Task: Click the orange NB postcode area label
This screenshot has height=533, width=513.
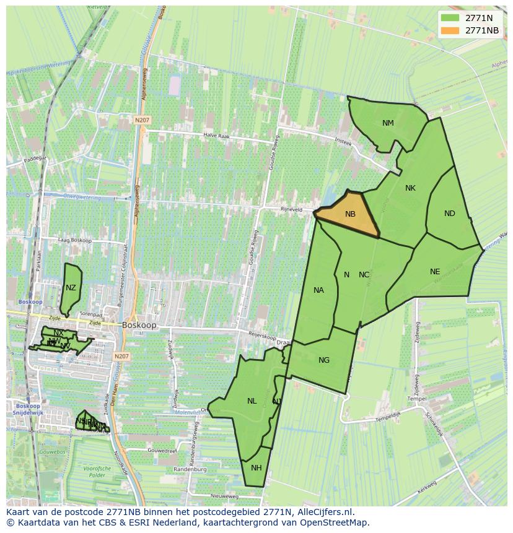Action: click(x=350, y=214)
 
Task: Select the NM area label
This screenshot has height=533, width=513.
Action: click(x=388, y=123)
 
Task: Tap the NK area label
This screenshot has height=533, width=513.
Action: click(x=410, y=188)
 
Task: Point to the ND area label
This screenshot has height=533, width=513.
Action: click(x=449, y=214)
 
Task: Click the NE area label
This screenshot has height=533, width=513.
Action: click(x=435, y=272)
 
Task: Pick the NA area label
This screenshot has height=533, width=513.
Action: click(x=318, y=290)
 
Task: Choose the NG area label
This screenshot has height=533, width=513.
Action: click(x=323, y=360)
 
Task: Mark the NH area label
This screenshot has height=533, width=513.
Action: click(x=256, y=467)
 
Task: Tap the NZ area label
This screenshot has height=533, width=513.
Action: click(x=71, y=288)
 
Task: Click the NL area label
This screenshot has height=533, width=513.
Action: click(x=252, y=401)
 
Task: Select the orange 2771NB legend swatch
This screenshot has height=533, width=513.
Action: click(x=450, y=30)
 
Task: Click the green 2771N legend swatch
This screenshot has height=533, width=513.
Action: click(x=450, y=18)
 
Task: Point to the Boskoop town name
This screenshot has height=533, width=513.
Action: click(x=139, y=324)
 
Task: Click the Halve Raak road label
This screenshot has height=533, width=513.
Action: click(x=217, y=136)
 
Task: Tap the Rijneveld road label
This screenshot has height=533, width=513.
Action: click(x=291, y=209)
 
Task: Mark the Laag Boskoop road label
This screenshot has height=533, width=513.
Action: click(x=74, y=240)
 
